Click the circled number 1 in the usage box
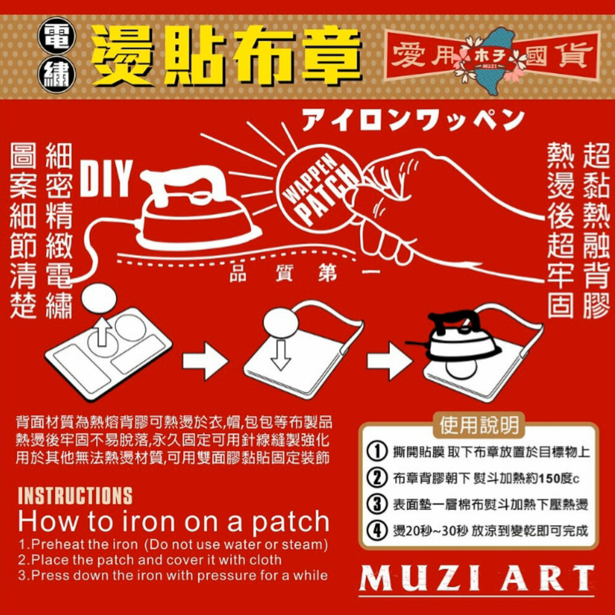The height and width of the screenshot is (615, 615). point(376,451)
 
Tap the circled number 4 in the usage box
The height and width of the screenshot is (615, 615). point(376,531)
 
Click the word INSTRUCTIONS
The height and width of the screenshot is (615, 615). point(75,496)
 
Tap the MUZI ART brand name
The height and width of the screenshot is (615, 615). point(477,578)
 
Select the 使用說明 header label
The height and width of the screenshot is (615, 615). point(479,425)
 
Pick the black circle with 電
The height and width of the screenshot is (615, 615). point(57,36)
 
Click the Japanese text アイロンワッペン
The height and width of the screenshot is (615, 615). point(413,120)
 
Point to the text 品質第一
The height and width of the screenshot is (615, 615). point(304,274)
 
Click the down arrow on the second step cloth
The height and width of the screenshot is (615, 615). point(281,355)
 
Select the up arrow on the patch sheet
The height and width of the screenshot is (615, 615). point(102,332)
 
